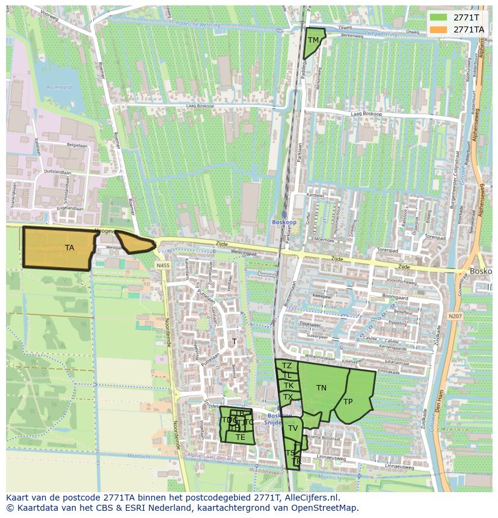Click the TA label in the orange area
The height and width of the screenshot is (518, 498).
(70, 247)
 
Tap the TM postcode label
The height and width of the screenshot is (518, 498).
(313, 40)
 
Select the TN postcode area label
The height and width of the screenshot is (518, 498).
(322, 388)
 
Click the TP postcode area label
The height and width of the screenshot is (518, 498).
(348, 401)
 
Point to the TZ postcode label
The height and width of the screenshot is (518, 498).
(287, 366)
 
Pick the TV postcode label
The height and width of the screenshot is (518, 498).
(293, 428)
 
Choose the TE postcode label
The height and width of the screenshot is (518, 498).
(241, 437)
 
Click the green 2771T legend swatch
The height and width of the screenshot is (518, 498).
(439, 17)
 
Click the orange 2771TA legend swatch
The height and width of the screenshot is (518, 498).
(439, 29)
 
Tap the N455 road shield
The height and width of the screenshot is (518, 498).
(162, 266)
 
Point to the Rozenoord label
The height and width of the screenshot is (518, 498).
(59, 87)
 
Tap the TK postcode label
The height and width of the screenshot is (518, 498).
(289, 386)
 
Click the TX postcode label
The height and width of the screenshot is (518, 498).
(288, 397)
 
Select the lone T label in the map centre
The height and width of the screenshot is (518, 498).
(235, 342)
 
